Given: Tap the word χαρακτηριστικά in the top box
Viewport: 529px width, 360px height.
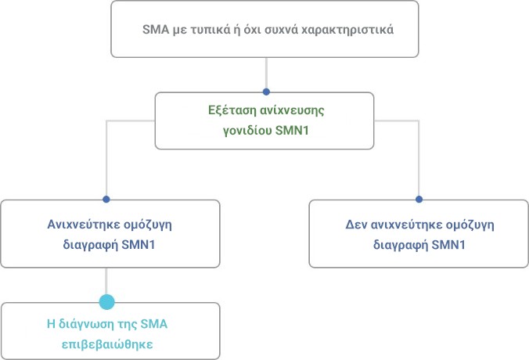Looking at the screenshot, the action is [347, 30].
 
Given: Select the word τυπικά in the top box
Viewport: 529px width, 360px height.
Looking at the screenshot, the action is [208, 30].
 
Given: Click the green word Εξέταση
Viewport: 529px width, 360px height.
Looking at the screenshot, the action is [227, 110].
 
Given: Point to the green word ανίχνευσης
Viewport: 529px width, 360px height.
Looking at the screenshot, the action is [287, 110].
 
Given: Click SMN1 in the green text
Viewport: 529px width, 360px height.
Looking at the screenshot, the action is [292, 130].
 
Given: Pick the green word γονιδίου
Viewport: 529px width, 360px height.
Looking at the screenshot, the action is [247, 131].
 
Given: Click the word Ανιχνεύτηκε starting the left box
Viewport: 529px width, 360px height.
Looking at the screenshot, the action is [83, 225].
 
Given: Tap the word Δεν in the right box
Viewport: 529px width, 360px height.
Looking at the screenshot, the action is [356, 225].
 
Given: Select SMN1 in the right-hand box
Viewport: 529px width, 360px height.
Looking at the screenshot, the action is [448, 244].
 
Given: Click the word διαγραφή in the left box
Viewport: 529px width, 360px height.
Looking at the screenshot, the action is [91, 245].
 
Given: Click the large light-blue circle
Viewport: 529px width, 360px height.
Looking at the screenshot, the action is [107, 302].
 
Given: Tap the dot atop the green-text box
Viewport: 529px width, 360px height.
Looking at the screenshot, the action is [266, 92].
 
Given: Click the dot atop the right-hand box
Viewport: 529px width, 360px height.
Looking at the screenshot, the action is [419, 200].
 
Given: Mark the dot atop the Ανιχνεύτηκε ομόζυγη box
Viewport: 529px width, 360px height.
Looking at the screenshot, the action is [106, 200].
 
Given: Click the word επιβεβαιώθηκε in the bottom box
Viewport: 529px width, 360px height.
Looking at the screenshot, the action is [107, 344].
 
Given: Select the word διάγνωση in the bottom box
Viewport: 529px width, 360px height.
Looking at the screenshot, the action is [86, 325].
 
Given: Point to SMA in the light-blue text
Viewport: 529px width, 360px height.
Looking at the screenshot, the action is [154, 324].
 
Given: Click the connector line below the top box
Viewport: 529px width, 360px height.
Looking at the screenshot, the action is [266, 73].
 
